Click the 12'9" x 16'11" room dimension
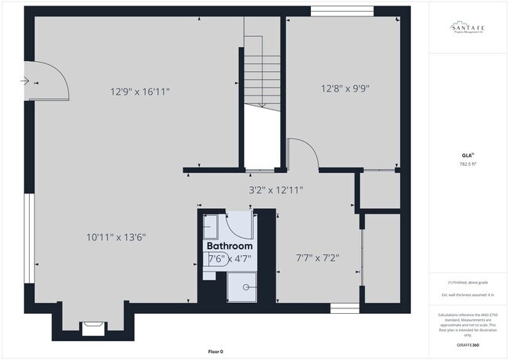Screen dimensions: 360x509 tap(139, 92)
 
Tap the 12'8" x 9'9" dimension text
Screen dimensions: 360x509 tap(345, 88)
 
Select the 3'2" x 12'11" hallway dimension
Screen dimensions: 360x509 tap(276, 189)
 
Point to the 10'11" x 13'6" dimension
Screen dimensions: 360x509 tap(117, 237)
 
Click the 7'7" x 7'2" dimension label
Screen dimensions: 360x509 tap(317, 257)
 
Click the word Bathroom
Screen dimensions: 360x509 tap(229, 246)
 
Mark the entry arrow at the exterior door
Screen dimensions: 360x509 tap(27, 80)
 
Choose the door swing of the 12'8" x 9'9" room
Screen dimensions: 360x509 tap(303, 153)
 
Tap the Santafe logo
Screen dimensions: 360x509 tap(467, 29)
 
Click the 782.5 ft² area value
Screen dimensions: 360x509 tap(467, 164)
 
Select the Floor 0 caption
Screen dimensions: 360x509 tap(215, 351)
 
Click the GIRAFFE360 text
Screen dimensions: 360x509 tap(467, 345)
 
